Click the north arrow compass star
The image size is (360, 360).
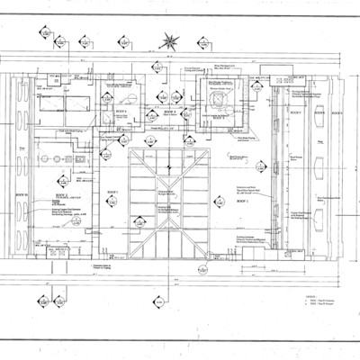(x=167, y=40)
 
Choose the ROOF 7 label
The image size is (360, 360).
(x=294, y=114)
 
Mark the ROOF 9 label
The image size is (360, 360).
(x=336, y=114)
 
